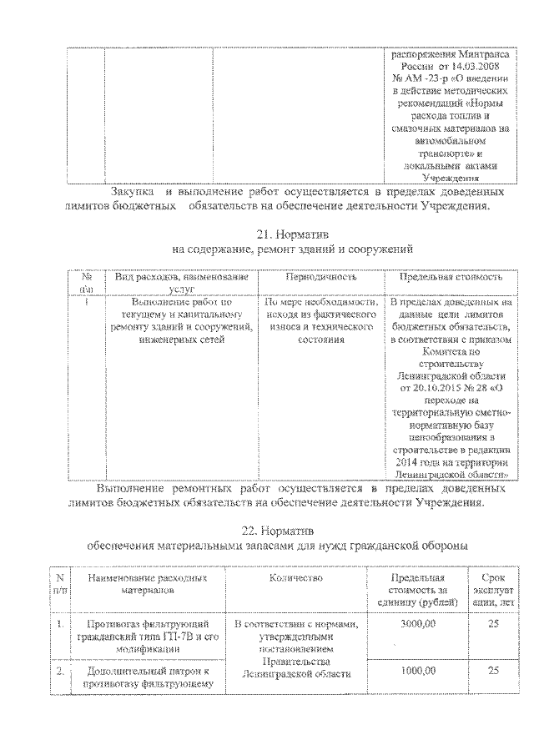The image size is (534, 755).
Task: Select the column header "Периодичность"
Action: [x=320, y=276]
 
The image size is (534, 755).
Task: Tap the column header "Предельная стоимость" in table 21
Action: [x=451, y=276]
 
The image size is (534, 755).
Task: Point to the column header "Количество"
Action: [x=296, y=576]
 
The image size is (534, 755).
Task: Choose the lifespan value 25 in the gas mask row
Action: [x=494, y=623]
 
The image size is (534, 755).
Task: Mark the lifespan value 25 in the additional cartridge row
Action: [x=494, y=669]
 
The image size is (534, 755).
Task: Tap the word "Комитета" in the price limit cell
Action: [x=451, y=352]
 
